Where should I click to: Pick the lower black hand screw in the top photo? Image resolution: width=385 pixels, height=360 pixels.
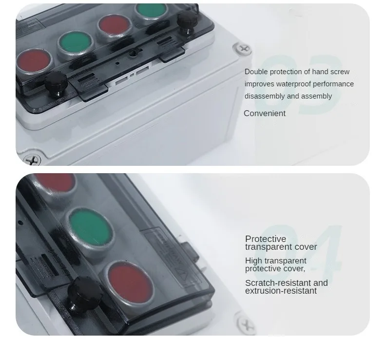(x=56, y=82)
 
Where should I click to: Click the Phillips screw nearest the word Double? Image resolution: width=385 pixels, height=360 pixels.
(x=242, y=48)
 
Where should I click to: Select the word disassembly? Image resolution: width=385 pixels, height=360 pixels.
(x=265, y=96)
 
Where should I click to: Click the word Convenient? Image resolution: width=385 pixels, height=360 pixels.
(x=265, y=113)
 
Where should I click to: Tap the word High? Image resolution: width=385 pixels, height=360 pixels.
(x=253, y=261)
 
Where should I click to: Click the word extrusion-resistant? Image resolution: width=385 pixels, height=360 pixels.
(x=281, y=291)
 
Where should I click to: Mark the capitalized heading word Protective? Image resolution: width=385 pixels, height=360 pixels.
(x=266, y=239)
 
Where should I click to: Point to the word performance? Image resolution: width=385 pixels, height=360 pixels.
(x=333, y=84)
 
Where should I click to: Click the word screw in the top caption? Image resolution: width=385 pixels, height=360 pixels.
(x=340, y=72)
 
